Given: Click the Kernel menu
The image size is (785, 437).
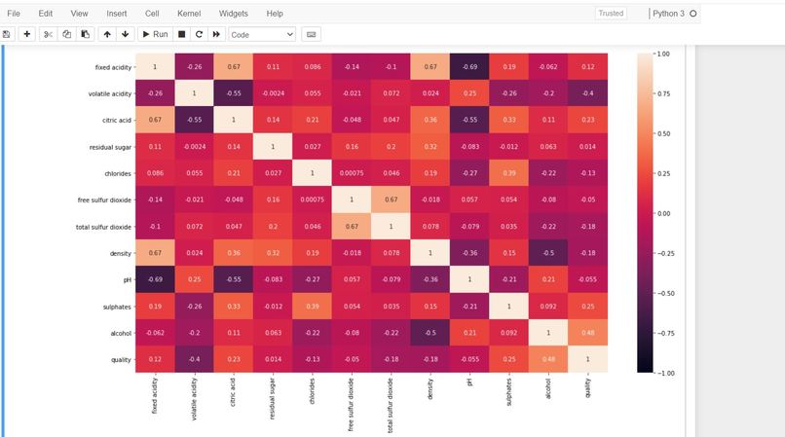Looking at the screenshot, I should coord(189,14).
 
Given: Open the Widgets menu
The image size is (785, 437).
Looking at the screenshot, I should coord(233,14).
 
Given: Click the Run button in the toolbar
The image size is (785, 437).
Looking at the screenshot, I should coord(155,34).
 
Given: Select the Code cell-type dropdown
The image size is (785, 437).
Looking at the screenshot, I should coord(262,34).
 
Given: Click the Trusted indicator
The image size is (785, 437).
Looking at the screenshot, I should coord(611,14).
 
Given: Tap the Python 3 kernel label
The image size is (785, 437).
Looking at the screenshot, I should coord(668,14).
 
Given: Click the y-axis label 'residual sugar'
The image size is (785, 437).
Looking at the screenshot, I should coord(108,146).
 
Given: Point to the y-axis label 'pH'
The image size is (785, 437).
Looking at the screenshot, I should coord(126,278).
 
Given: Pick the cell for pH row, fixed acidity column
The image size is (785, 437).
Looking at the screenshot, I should coord(154,278).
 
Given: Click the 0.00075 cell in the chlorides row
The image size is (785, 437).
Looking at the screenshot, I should coord(352,172).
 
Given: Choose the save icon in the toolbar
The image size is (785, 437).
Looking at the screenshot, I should coord(7,34).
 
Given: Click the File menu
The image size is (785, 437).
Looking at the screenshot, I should coord(14,14).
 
